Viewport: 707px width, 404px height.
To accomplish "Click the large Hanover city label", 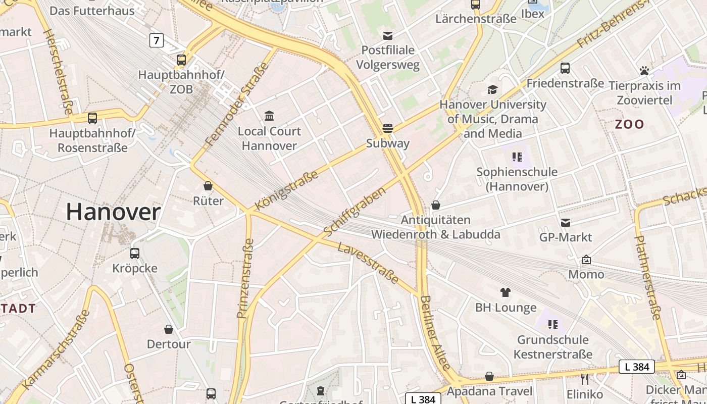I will (113, 212).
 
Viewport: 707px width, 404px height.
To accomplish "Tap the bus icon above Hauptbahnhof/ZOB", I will (181, 60).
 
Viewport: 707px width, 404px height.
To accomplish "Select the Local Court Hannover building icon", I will (269, 116).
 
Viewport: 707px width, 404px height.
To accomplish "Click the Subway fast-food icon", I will (388, 128).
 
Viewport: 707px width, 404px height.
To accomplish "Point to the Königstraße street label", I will (287, 190).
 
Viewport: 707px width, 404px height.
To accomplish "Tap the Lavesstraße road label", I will (368, 263).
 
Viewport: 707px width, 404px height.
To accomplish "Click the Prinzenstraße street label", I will (245, 278).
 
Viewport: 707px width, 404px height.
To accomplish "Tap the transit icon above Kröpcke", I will (135, 253).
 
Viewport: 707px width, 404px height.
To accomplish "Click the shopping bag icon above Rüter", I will (208, 185).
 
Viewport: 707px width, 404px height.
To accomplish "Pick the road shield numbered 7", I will (157, 40).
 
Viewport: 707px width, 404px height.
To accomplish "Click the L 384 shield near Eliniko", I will (637, 367).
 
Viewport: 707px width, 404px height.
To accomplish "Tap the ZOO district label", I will (630, 124).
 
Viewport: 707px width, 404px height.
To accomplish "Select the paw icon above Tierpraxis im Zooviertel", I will (644, 71).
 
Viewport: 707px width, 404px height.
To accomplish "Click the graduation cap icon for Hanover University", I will (492, 89).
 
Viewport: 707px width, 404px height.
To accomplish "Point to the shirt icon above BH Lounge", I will (506, 292).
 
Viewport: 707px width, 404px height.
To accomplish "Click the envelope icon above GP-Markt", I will (566, 222).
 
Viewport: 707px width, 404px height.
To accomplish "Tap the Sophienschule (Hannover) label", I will (517, 179).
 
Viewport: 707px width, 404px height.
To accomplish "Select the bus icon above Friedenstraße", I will (565, 68).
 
